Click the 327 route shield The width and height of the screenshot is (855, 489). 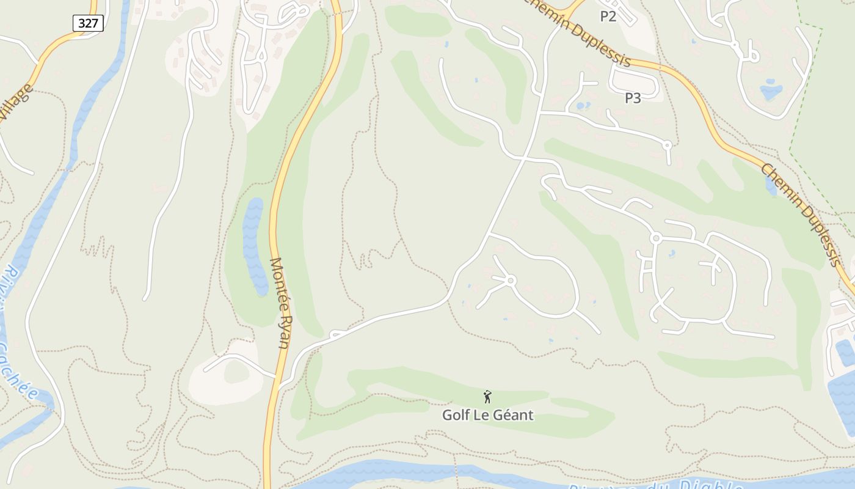tap(89, 23)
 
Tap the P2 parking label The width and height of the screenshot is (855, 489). tap(608, 17)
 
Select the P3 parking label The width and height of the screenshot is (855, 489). tap(633, 98)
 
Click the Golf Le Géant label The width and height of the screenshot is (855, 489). tap(487, 415)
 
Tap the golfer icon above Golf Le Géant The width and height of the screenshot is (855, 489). tap(487, 397)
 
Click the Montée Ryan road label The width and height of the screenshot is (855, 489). tap(280, 303)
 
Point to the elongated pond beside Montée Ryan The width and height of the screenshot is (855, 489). tap(254, 244)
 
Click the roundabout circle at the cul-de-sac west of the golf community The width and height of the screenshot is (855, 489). tap(511, 280)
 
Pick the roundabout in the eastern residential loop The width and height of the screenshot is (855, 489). tap(656, 237)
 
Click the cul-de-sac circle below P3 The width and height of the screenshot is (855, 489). tap(667, 145)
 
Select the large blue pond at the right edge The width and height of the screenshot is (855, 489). tap(843, 397)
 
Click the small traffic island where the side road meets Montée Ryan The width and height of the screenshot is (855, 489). tap(335, 334)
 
